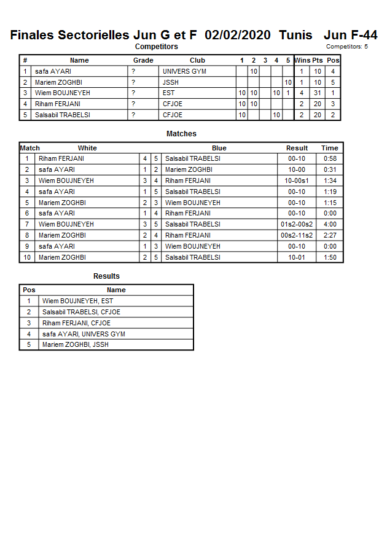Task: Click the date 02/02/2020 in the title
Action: coord(238,35)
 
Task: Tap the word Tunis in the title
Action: coord(295,35)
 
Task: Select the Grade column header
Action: coord(143,60)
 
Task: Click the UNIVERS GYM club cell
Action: coord(184,71)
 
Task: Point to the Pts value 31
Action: coord(318,93)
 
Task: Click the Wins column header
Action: coord(302,60)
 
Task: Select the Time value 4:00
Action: coord(330,224)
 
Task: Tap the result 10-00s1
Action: coord(297,180)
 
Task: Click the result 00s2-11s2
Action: coord(297,235)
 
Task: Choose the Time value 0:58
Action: coord(330,158)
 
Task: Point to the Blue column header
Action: coord(219,148)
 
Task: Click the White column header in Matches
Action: coord(87,148)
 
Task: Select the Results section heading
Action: coord(106,276)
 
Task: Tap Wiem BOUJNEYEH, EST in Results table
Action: coord(77,301)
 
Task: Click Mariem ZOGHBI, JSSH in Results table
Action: coord(75,344)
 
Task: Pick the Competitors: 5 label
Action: coord(347,47)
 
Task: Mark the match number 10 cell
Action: coord(27,257)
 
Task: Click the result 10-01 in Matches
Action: coord(297,257)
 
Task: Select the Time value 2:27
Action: coord(330,235)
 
